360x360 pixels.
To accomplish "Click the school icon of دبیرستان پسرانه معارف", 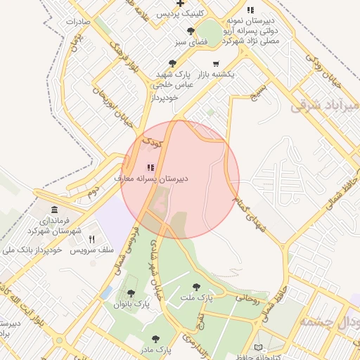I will (x=150, y=167).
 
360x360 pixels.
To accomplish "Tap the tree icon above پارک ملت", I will (x=196, y=286).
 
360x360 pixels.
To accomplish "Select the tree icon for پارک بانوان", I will (x=131, y=293).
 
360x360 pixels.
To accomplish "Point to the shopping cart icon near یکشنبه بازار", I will (x=215, y=64).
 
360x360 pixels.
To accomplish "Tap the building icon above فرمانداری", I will (x=55, y=210).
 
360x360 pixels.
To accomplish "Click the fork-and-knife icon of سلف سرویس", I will (x=91, y=239).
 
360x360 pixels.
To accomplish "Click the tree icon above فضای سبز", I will (x=191, y=31).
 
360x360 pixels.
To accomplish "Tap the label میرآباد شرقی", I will (x=325, y=105).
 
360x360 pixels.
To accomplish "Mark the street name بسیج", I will (x=260, y=89).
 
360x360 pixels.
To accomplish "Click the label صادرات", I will (x=79, y=22).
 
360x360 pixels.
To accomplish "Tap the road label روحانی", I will (x=247, y=301).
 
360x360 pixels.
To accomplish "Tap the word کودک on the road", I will (x=152, y=143).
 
